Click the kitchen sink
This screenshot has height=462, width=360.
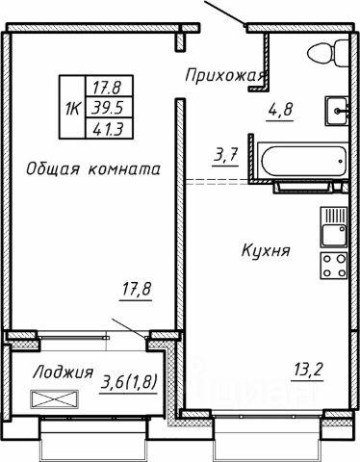click(333, 229)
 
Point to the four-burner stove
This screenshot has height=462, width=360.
click(334, 267)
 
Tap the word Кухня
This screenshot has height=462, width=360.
click(265, 251)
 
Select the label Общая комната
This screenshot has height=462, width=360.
click(91, 169)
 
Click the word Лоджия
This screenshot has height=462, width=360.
click(63, 372)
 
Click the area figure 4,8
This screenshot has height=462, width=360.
click(280, 110)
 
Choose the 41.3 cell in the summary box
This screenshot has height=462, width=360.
click(99, 124)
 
